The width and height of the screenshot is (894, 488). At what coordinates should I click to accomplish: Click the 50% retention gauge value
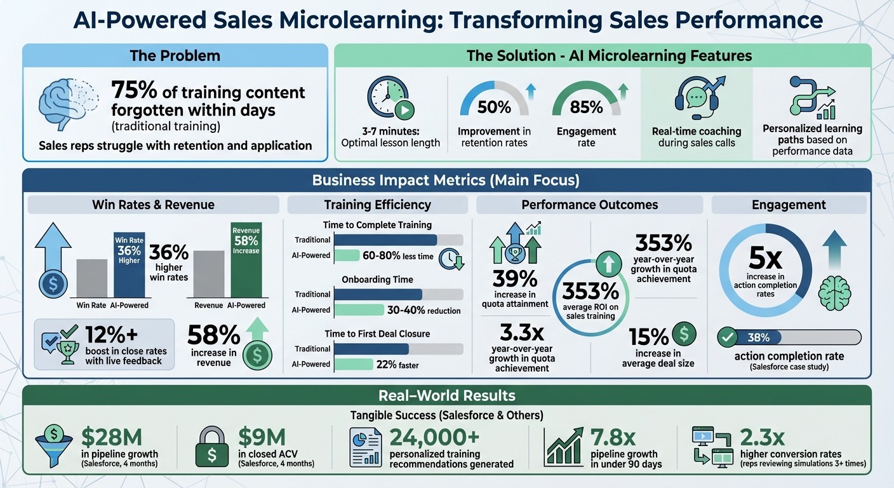coord(494,107)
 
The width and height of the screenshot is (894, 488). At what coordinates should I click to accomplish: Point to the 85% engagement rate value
coord(586,107)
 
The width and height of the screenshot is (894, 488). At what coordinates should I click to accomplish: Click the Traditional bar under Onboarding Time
coord(378,294)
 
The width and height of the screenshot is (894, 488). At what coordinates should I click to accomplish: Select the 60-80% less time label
coord(398,256)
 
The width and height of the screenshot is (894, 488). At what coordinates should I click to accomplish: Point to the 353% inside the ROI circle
coord(590,291)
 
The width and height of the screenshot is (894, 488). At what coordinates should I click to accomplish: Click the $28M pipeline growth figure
coord(112,437)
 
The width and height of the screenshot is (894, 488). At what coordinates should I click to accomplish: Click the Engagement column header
coord(789,205)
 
